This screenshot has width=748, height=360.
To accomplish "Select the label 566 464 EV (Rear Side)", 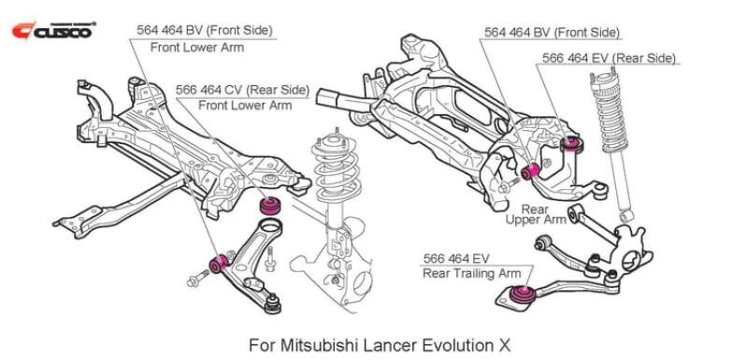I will (x=610, y=59).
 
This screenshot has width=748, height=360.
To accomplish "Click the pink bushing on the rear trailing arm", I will (x=522, y=295).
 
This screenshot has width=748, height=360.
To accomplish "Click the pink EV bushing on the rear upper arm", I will (x=574, y=143).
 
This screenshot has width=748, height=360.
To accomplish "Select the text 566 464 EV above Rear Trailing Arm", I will (x=456, y=258).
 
